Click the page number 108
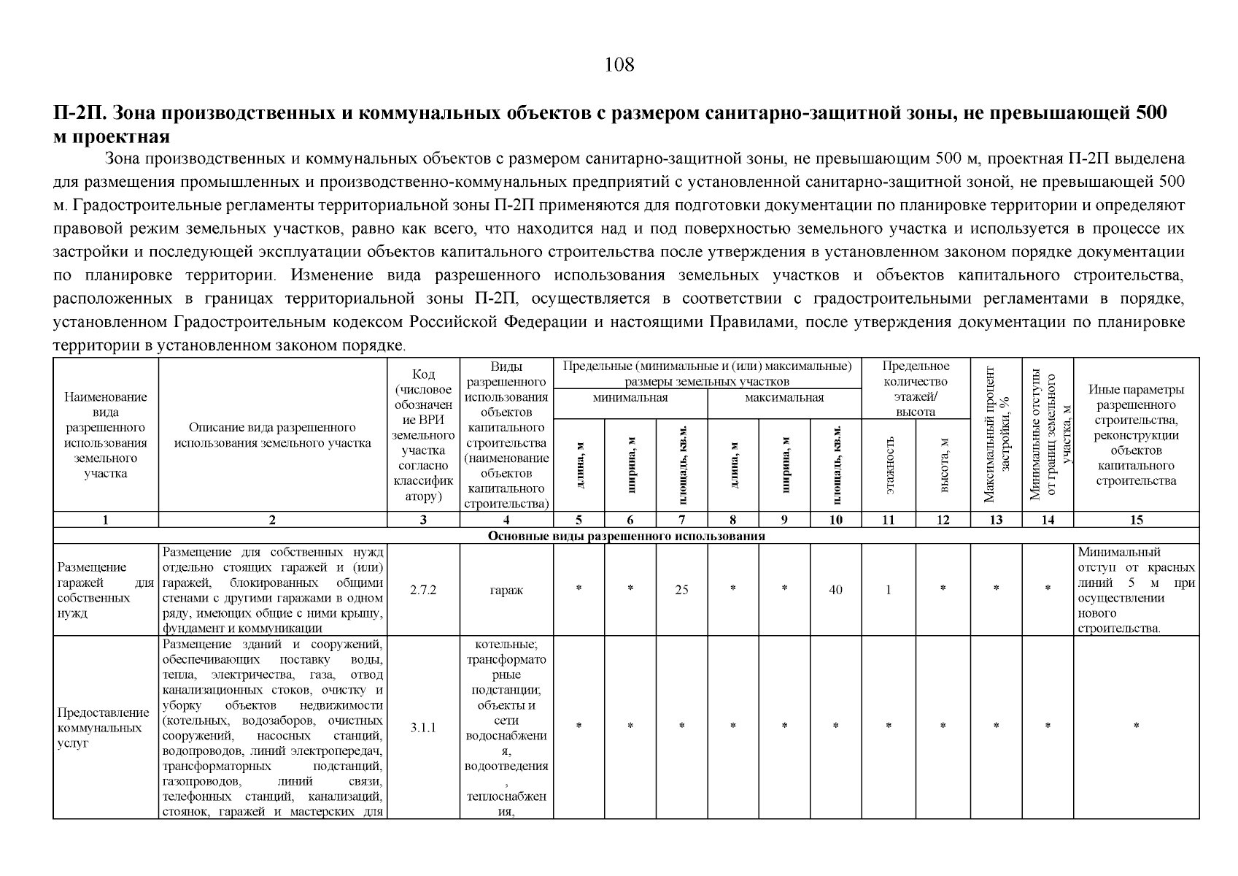[619, 65]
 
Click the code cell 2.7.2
[423, 590]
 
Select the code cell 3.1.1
[423, 727]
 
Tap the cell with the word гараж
[506, 590]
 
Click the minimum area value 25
[681, 590]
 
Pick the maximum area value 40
[835, 590]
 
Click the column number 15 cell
[1136, 520]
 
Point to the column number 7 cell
[681, 520]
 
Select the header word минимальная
[630, 398]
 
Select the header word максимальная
[784, 398]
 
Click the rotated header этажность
[889, 466]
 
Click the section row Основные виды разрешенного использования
[625, 536]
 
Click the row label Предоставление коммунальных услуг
[103, 727]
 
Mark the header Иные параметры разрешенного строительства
[1136, 435]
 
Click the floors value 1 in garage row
[889, 590]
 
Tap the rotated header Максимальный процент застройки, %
[995, 435]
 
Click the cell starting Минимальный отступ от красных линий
[1136, 590]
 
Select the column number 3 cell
[423, 520]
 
